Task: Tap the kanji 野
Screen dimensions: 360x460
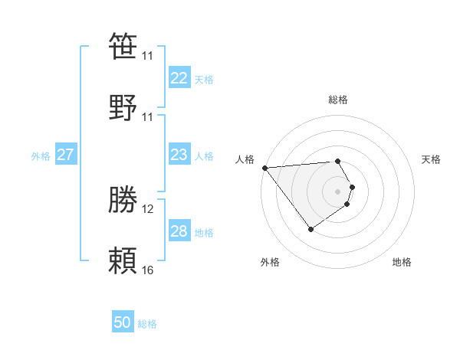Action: pos(123,107)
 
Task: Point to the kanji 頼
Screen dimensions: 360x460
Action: pos(123,261)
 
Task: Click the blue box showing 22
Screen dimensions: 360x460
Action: pos(179,77)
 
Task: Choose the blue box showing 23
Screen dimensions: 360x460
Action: pos(179,155)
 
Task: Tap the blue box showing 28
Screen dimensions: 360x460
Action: pos(179,231)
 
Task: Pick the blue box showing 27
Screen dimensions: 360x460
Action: pos(65,155)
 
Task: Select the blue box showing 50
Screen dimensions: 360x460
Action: pos(123,322)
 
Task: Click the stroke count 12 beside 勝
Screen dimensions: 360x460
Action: pos(147,209)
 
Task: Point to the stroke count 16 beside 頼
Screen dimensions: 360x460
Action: pos(147,270)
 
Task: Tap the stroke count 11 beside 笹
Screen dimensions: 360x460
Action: pos(147,56)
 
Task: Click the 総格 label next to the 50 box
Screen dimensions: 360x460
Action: pos(148,324)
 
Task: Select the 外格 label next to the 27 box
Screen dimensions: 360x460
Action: pos(41,156)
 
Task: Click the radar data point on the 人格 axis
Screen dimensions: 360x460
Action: pos(264,168)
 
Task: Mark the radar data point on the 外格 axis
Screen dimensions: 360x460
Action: pos(310,229)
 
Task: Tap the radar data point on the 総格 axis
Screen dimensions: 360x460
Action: pos(338,161)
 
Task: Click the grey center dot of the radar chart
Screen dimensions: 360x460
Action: pos(338,191)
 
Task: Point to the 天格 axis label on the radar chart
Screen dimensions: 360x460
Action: pos(431,159)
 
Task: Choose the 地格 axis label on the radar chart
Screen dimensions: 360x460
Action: pos(402,262)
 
